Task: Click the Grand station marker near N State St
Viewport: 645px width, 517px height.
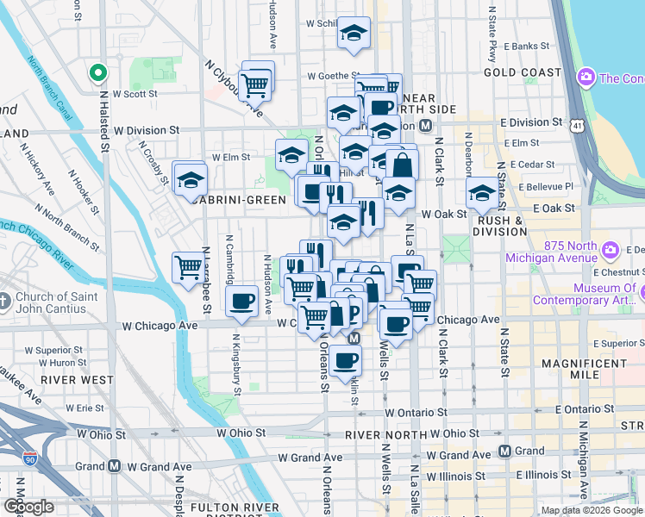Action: pos(506,452)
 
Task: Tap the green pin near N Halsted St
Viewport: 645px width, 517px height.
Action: pos(97,73)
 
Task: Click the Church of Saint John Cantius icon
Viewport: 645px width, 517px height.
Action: pos(7,302)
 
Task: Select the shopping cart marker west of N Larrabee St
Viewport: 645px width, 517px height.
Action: pos(187,266)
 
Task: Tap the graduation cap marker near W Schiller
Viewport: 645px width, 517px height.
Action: pos(354,33)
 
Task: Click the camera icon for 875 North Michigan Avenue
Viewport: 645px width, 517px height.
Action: pos(611,251)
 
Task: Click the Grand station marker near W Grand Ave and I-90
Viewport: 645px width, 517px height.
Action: pos(114,466)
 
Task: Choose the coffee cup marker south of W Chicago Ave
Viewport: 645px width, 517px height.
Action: pos(346,361)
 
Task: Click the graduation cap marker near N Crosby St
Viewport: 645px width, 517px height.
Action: pos(189,180)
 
